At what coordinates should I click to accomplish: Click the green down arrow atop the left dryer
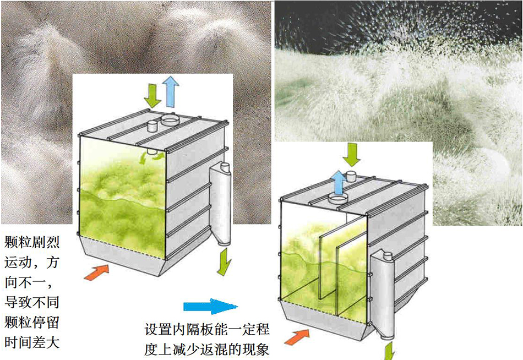click(152, 96)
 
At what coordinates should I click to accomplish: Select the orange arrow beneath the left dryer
click(97, 272)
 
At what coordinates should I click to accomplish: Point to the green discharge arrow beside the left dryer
click(224, 261)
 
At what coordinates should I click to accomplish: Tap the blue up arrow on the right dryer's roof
click(340, 183)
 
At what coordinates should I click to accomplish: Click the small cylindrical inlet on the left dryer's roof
click(152, 126)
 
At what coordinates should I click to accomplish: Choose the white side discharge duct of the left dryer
click(220, 204)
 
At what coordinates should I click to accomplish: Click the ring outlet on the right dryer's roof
click(338, 198)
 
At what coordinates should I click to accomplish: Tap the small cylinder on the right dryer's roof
click(351, 176)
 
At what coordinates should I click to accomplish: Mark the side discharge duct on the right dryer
click(382, 296)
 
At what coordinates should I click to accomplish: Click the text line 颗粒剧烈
click(32, 242)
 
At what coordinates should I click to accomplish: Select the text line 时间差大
click(32, 342)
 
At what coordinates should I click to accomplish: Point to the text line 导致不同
click(32, 302)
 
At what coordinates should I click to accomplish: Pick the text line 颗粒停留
click(32, 323)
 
